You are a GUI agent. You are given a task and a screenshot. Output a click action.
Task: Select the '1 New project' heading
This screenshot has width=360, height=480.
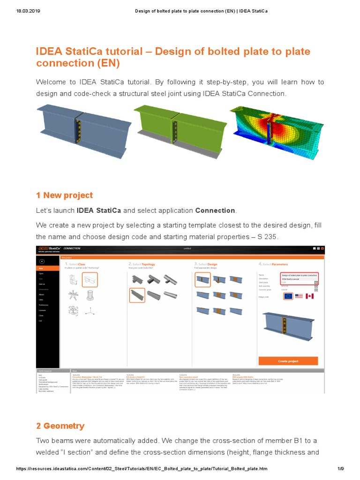pos(64,195)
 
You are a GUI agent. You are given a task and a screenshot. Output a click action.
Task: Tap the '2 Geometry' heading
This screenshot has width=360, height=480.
pos(60,426)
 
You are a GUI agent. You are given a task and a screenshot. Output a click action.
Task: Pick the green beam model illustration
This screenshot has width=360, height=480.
pos(178,127)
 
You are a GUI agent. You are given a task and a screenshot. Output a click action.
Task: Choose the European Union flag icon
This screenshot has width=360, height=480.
pos(287,296)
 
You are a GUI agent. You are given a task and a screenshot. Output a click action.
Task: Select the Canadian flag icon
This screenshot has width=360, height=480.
pos(309,296)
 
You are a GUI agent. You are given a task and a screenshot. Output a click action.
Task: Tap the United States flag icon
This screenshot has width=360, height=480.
pos(299,296)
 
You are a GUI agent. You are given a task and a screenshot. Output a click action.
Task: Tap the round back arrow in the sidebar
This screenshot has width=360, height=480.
pos(42,261)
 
